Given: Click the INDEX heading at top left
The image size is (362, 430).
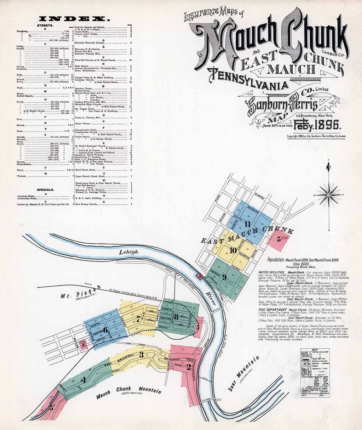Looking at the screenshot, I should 75,18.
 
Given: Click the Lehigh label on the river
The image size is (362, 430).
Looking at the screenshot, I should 129,251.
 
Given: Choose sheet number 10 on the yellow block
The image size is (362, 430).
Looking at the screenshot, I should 233,250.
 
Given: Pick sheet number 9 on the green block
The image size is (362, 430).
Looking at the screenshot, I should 224,277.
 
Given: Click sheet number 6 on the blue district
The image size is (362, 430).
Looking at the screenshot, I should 105,329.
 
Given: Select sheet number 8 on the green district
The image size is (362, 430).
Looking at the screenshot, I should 176,316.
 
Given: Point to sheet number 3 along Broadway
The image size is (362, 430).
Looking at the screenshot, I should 141,354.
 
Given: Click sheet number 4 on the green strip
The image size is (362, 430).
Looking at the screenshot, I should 83,380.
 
